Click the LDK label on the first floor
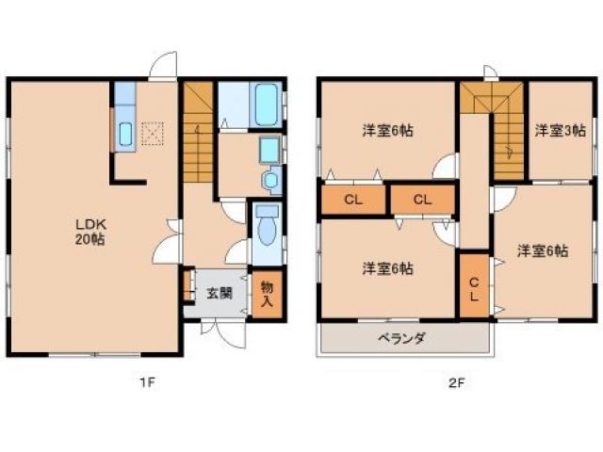coord(90,223)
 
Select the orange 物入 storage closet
coord(267,295)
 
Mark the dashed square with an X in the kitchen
coord(152,135)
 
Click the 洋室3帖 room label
coord(560,131)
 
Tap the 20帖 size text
coord(90,239)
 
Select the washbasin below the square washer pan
coord(272,179)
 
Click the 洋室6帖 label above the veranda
coord(387,268)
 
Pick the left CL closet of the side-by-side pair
coord(352,200)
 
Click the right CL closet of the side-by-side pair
coord(420,200)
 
